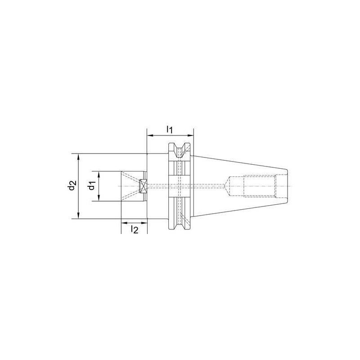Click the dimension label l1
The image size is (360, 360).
pyautogui.click(x=170, y=130)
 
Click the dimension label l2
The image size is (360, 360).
pyautogui.click(x=134, y=229)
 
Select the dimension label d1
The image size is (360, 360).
pyautogui.click(x=92, y=186)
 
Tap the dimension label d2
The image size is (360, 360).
pyautogui.click(x=72, y=186)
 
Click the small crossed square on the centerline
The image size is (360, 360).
pyautogui.click(x=144, y=186)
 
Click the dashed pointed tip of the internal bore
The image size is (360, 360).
pyautogui.click(x=226, y=186)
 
